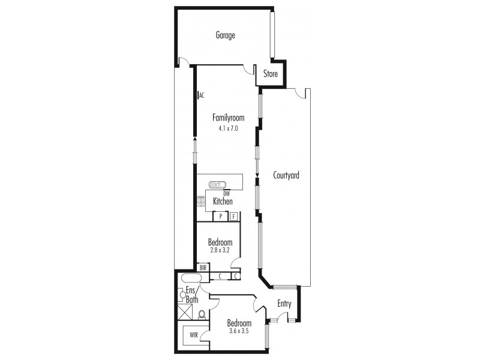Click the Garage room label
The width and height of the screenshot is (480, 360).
pyautogui.click(x=225, y=35)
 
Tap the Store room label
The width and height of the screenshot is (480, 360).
pyautogui.click(x=271, y=74)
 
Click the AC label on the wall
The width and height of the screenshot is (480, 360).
pyautogui.click(x=202, y=95)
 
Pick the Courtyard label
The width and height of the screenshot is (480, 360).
pyautogui.click(x=286, y=176)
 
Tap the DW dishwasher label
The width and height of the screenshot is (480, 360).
pyautogui.click(x=226, y=193)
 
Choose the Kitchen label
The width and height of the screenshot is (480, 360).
pyautogui.click(x=223, y=202)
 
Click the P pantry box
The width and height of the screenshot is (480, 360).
pyautogui.click(x=221, y=216)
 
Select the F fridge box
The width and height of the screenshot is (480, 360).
pyautogui.click(x=234, y=216)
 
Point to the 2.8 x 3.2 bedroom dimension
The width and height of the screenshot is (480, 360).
pyautogui.click(x=220, y=250)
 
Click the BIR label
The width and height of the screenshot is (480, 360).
pyautogui.click(x=203, y=268)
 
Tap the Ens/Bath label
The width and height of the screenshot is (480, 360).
pyautogui.click(x=191, y=295)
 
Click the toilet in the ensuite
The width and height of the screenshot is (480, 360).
pyautogui.click(x=202, y=314)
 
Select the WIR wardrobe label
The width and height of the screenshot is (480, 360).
pyautogui.click(x=194, y=334)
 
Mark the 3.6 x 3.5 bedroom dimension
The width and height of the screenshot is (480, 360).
pyautogui.click(x=239, y=331)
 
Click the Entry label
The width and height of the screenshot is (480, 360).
pyautogui.click(x=284, y=304)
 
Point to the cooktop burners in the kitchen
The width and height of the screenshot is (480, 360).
pyautogui.click(x=200, y=202)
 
